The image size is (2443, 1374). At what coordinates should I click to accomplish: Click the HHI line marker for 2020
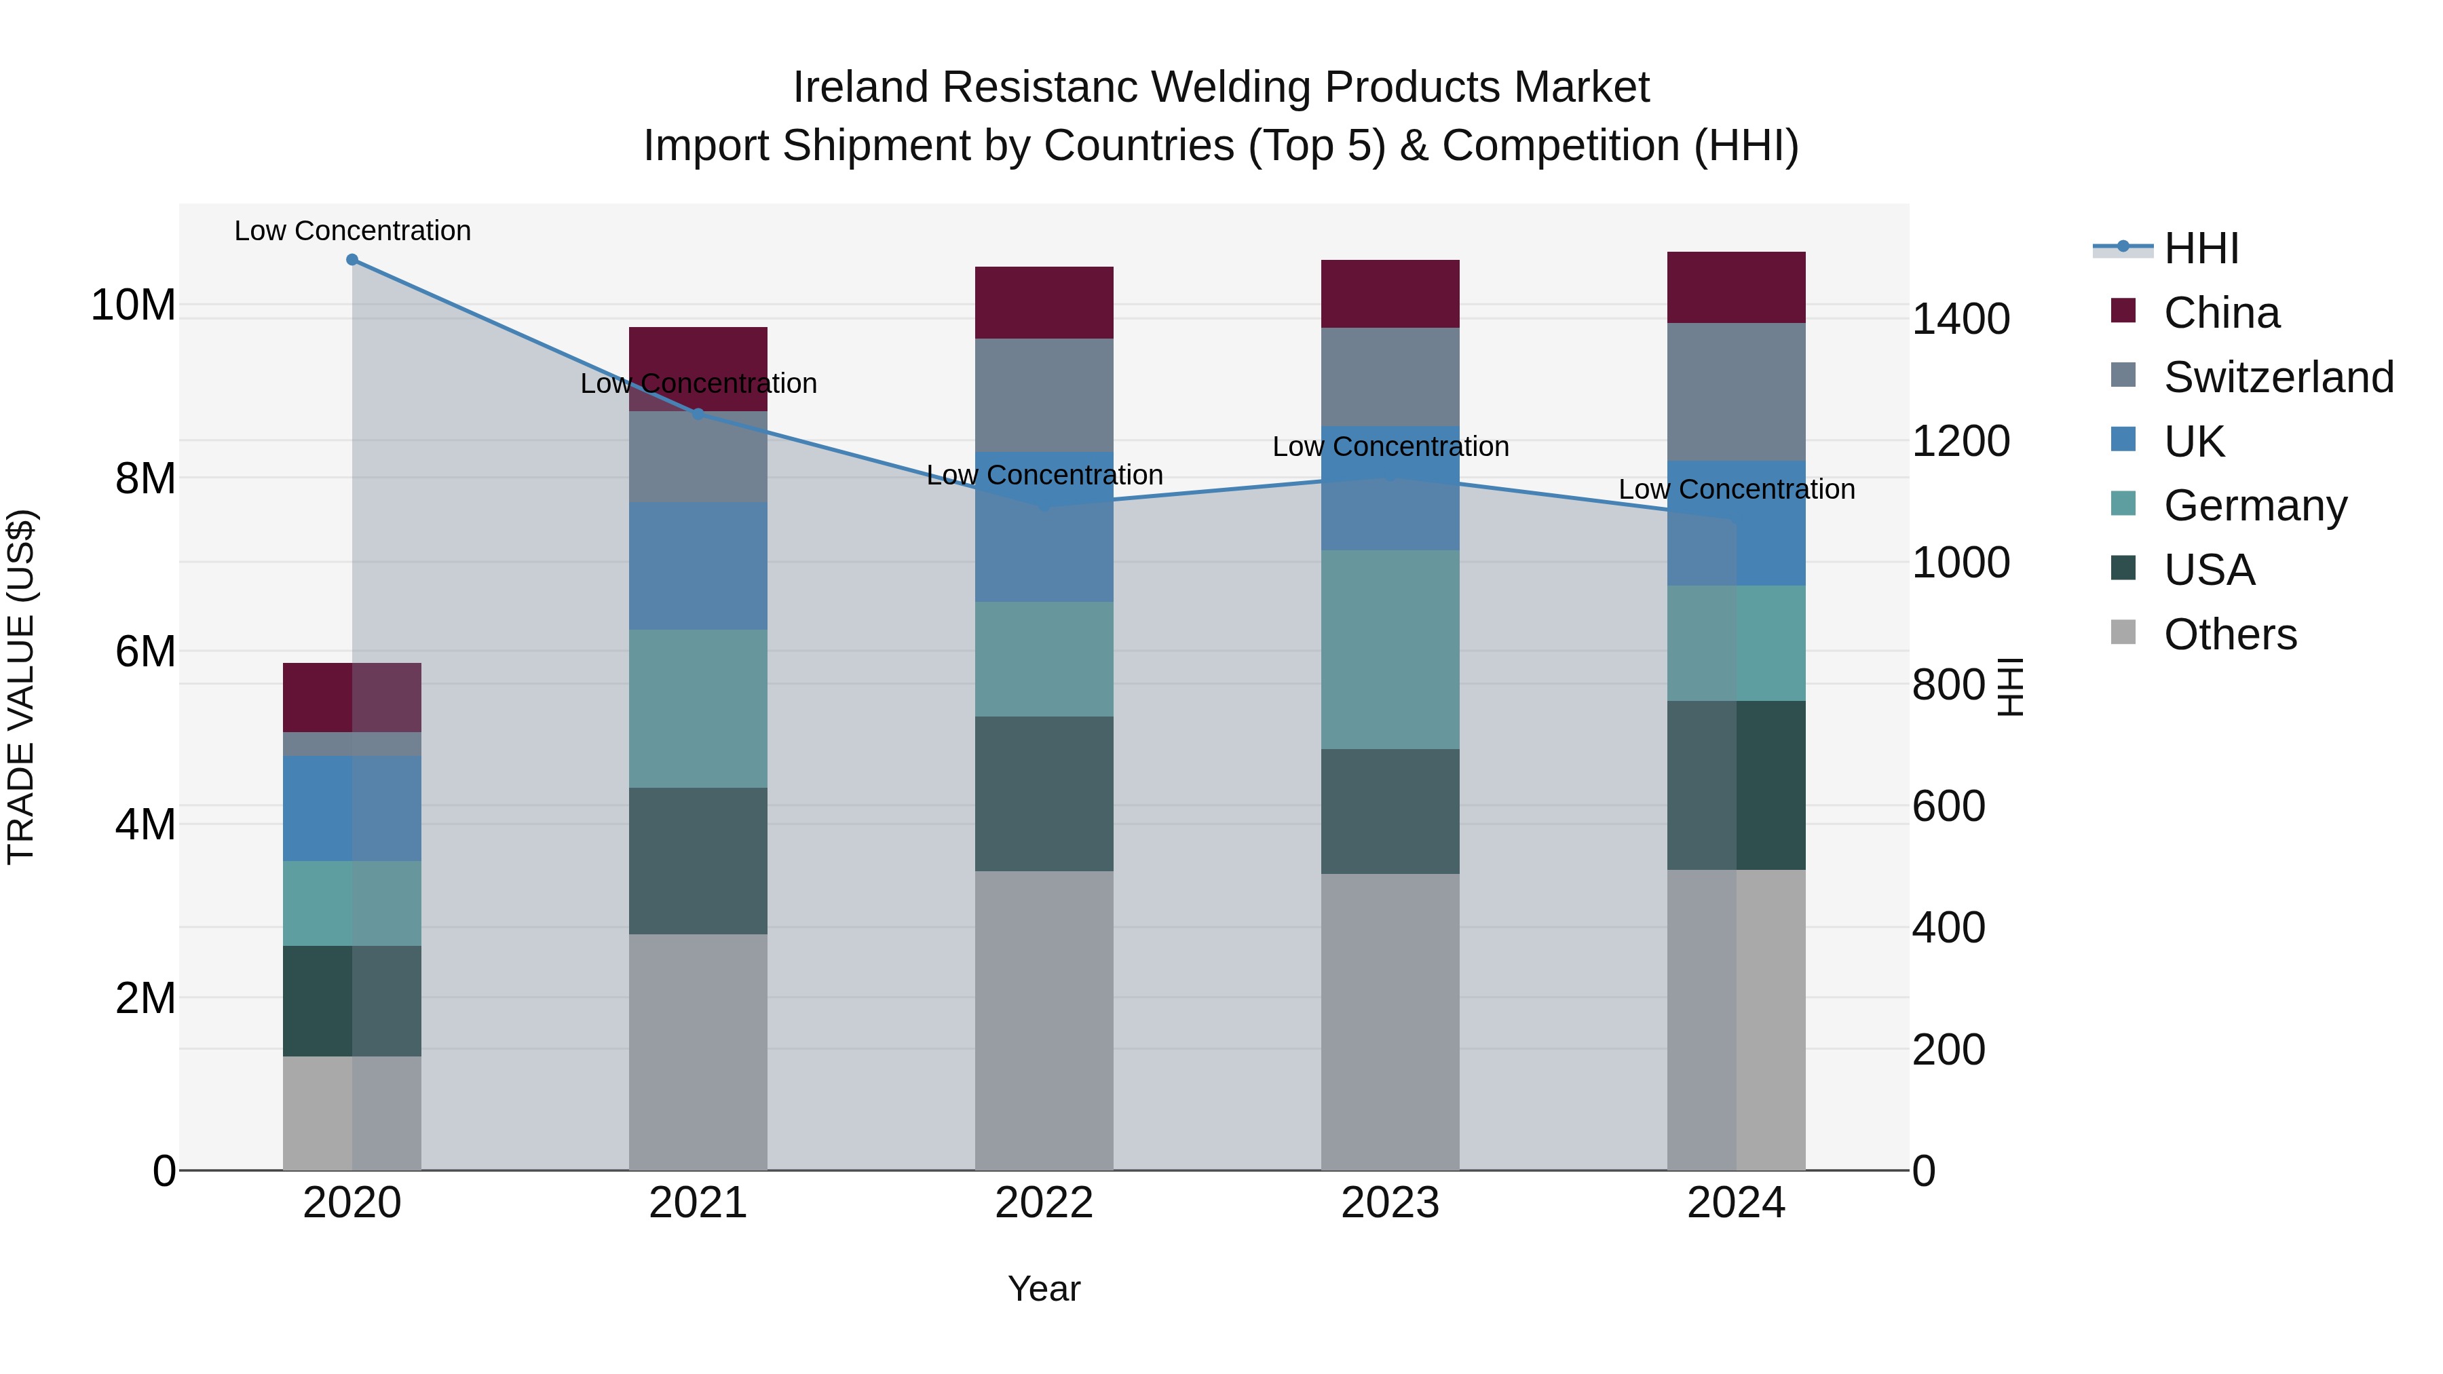click(352, 260)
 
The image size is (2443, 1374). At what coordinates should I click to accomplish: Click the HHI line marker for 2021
click(698, 415)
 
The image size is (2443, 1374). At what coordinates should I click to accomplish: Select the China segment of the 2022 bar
click(1044, 303)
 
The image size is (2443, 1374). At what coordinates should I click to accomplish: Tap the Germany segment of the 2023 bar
click(1390, 649)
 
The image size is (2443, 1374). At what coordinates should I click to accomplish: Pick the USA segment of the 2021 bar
click(698, 861)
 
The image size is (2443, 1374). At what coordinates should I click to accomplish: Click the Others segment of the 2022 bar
click(1044, 1020)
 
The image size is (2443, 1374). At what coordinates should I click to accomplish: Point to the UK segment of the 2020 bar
click(352, 808)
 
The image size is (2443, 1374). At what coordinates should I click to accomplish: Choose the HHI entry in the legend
click(2200, 248)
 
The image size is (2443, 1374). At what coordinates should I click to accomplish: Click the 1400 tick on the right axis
click(1959, 320)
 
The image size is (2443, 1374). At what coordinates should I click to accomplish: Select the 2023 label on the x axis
click(1390, 1203)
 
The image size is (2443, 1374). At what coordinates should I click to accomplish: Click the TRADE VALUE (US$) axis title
click(21, 687)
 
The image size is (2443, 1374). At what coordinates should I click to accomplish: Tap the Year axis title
click(1044, 1289)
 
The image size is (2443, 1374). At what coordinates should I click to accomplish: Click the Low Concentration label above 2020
click(352, 231)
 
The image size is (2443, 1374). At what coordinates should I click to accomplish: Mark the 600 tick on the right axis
click(1948, 807)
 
